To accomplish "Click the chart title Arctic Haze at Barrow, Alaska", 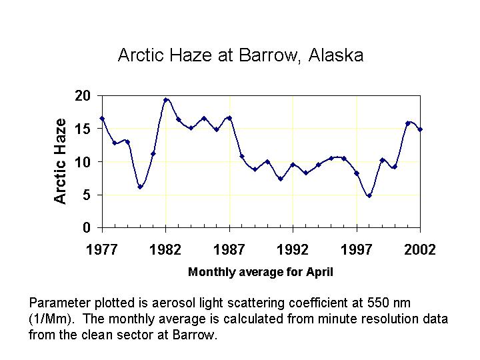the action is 241,55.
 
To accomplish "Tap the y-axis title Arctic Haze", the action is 60,161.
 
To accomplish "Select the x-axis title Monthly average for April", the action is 260,272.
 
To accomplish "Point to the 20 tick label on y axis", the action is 83,96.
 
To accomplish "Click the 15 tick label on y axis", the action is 83,129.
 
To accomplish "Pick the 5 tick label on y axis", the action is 87,195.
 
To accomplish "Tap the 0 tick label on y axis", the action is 87,227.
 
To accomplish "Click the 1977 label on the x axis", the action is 102,249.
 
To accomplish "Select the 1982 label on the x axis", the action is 165,249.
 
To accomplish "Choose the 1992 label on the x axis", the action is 293,249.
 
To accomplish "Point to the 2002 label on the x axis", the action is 420,249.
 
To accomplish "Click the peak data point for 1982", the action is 165,100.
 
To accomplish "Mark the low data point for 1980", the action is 140,187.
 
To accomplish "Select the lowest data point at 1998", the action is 369,195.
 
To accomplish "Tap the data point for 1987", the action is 229,118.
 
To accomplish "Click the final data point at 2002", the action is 420,129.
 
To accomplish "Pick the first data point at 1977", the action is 102,119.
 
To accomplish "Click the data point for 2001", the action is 407,123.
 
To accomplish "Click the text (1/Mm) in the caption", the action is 52,319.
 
